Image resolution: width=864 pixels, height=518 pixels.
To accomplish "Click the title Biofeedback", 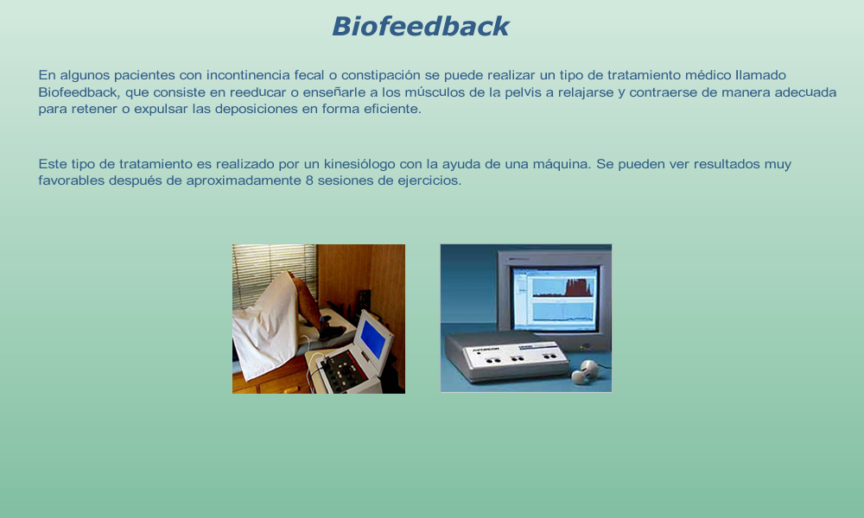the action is (x=421, y=27).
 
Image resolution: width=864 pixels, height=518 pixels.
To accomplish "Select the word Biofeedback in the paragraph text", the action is (x=79, y=92).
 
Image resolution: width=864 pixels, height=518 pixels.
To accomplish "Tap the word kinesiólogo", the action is (x=359, y=164).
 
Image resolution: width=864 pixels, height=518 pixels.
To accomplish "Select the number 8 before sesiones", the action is (x=309, y=180).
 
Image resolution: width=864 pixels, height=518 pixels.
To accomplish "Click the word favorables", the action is (x=71, y=180).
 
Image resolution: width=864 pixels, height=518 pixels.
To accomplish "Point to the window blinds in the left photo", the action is (x=274, y=274).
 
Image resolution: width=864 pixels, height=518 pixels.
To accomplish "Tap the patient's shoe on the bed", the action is (x=333, y=332).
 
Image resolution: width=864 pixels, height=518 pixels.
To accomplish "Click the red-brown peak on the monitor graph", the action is (x=575, y=287).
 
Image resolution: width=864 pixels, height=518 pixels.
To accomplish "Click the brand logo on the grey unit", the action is (x=485, y=350).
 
